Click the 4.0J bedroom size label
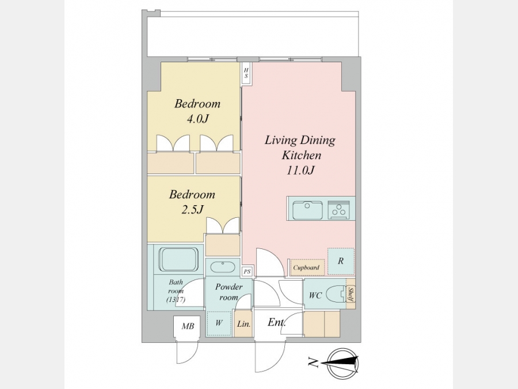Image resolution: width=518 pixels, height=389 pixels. click(x=197, y=118)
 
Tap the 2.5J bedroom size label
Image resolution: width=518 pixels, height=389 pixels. click(x=192, y=209)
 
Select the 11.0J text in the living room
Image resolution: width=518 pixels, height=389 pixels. click(x=300, y=170)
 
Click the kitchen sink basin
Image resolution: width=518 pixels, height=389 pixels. click(x=307, y=210)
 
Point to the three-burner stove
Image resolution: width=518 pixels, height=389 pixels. click(x=338, y=210)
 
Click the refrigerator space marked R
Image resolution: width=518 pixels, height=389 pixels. click(x=341, y=261)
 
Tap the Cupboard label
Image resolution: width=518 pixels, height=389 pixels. click(x=306, y=267)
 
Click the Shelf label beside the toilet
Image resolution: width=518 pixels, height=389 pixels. click(x=351, y=294)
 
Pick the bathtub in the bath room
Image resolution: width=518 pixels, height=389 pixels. click(x=178, y=259)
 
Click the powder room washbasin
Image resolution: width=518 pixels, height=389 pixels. click(x=223, y=267)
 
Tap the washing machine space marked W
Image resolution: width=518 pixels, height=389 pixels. click(x=219, y=323)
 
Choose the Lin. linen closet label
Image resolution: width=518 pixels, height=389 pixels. click(x=243, y=324)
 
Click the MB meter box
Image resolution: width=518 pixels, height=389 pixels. click(x=187, y=327)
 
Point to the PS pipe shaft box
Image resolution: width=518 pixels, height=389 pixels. click(x=247, y=271)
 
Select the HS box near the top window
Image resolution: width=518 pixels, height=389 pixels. click(x=246, y=73)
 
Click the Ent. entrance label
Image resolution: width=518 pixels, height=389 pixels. click(x=276, y=322)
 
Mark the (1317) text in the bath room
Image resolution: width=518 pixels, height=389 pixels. click(x=176, y=300)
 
